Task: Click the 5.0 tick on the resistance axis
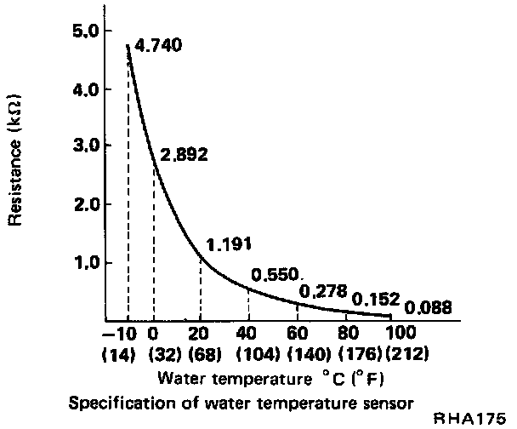pos(87,31)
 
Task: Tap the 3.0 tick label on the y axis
pos(87,146)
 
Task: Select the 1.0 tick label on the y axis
pos(87,262)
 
